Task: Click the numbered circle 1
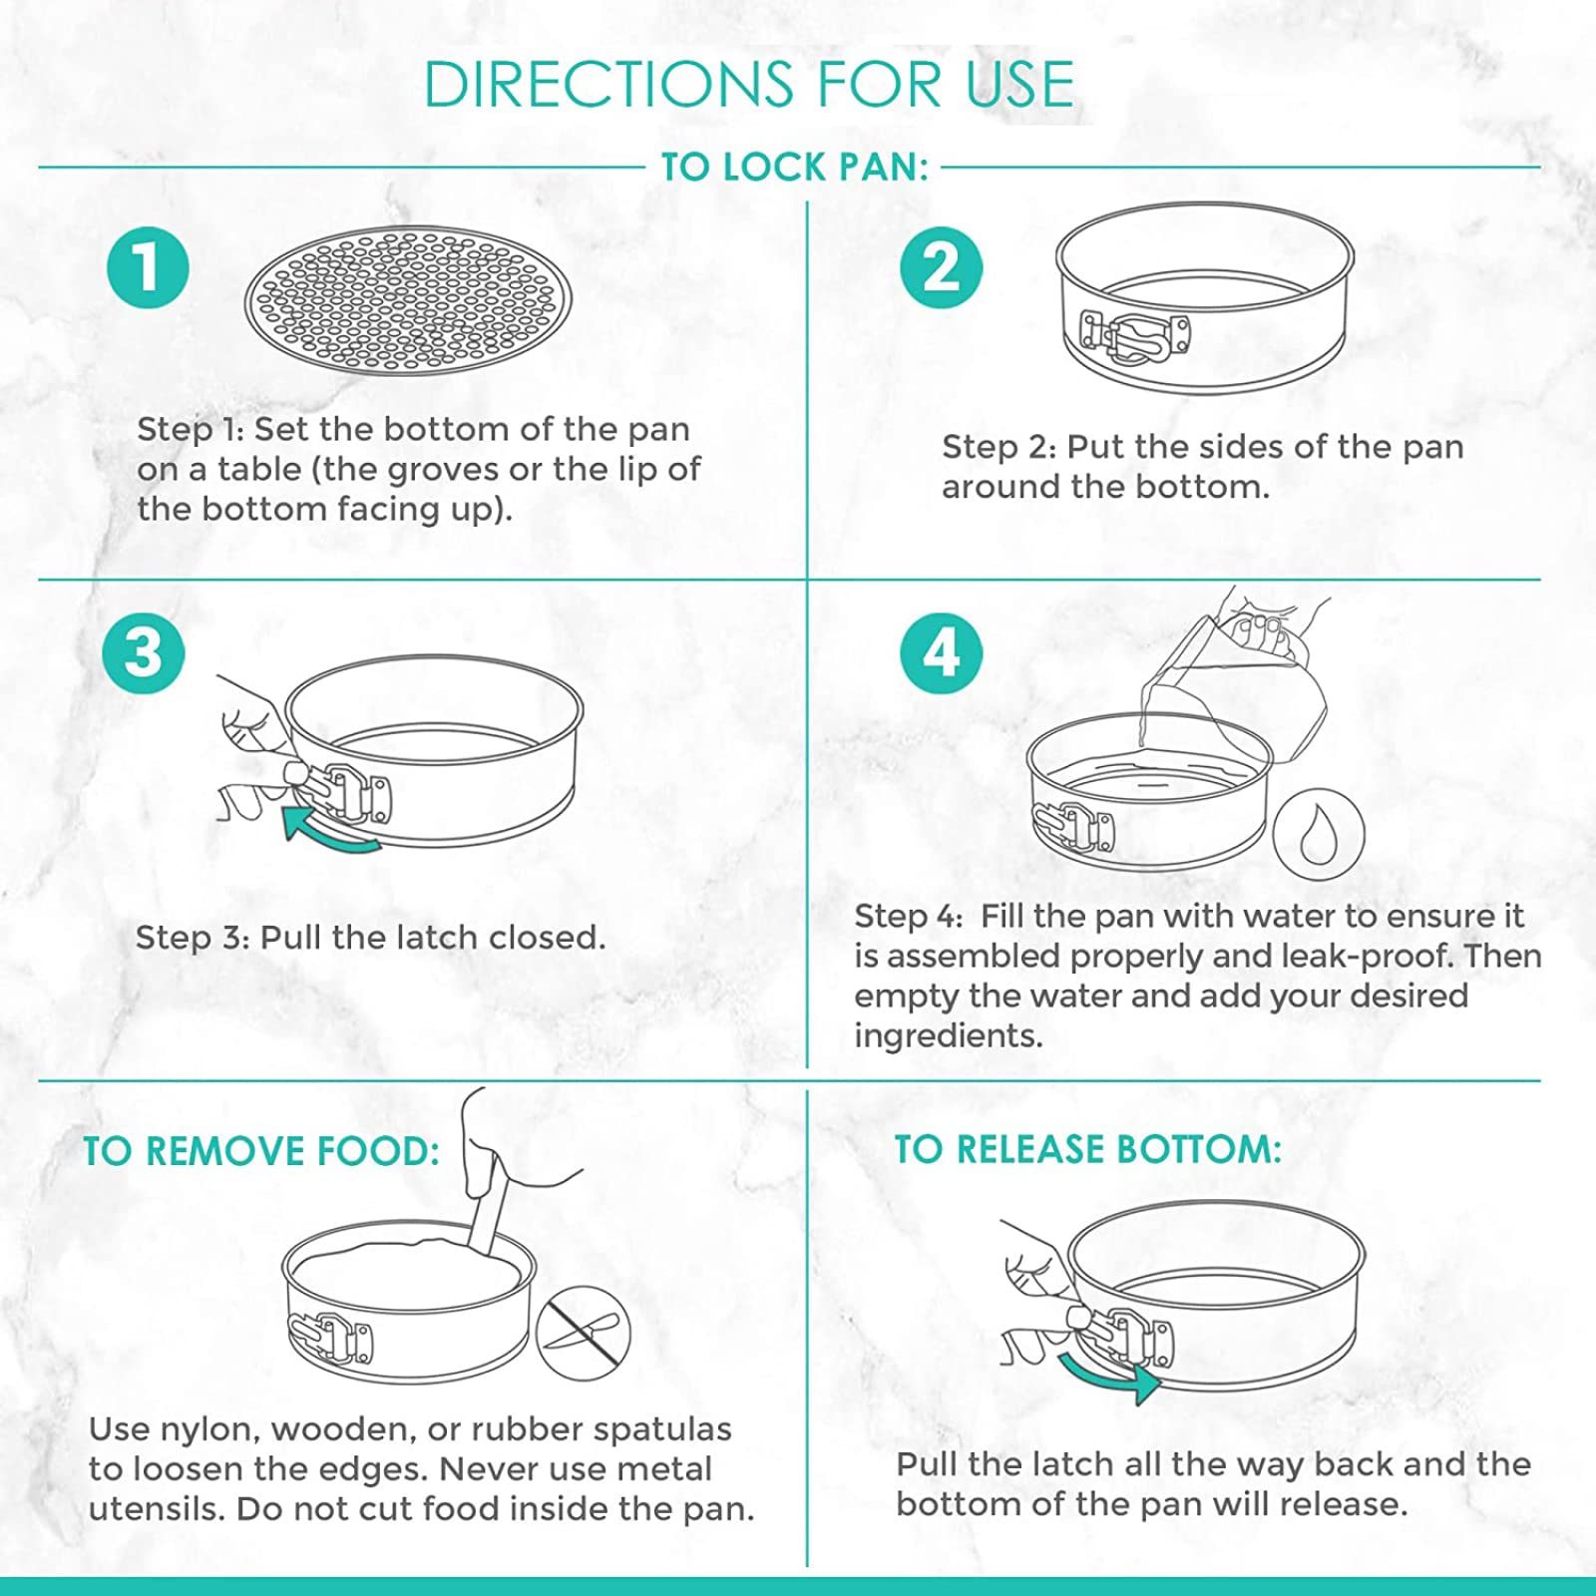click(x=148, y=268)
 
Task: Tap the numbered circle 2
click(x=941, y=268)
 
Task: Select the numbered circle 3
click(x=144, y=653)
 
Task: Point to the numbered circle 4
click(x=941, y=653)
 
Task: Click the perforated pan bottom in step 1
click(x=408, y=300)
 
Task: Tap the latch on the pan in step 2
click(x=1134, y=335)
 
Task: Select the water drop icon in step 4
click(x=1318, y=834)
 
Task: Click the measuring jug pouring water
click(x=1237, y=678)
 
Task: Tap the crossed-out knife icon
click(x=584, y=1335)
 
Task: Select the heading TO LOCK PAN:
click(x=795, y=168)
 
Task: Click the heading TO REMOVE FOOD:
click(x=261, y=1152)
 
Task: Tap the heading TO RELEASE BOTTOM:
click(x=1087, y=1150)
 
